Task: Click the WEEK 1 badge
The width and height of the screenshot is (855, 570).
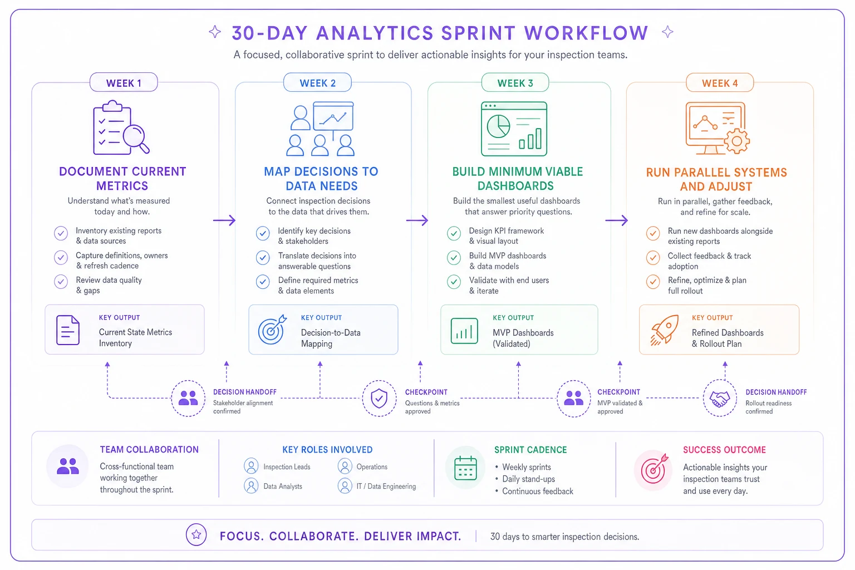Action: coord(124,82)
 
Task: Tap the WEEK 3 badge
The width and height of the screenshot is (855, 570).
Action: coord(515,82)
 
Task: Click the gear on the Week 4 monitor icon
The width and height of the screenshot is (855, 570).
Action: coord(736,141)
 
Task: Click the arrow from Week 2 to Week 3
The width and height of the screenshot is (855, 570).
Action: coord(417,220)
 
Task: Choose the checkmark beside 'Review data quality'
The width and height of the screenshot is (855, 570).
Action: coord(61,282)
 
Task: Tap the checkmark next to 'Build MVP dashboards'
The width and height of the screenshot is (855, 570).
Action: coord(454,258)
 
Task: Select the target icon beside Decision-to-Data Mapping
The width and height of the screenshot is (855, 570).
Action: coord(272,330)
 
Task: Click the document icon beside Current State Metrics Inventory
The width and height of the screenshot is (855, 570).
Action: coord(68,330)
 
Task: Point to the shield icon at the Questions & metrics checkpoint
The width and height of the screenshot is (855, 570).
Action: coord(379,398)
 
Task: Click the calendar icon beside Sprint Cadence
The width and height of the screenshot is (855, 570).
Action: coord(466,468)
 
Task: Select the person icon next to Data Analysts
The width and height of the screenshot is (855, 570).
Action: coord(251,486)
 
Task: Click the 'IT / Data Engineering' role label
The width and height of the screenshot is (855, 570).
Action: coord(386,487)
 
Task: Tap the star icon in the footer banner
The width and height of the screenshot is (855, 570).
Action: coord(196,534)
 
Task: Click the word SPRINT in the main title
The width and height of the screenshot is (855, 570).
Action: coord(479,33)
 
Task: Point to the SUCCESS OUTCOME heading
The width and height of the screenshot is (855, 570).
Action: coord(724,450)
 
